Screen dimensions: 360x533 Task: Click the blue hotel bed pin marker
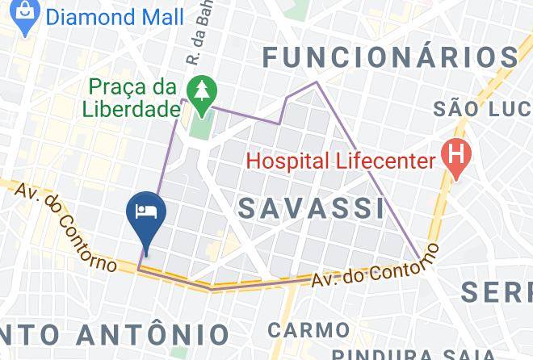point(146,213)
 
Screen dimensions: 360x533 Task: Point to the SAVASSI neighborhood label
point(313,208)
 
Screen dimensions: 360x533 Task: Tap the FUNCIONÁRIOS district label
point(391,57)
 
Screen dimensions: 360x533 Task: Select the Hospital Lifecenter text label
point(340,160)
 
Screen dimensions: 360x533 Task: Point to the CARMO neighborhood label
point(309,329)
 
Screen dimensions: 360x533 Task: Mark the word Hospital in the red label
point(281,160)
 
